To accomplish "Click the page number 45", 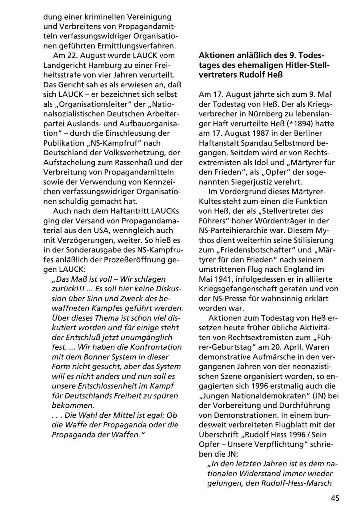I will (335, 498).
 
